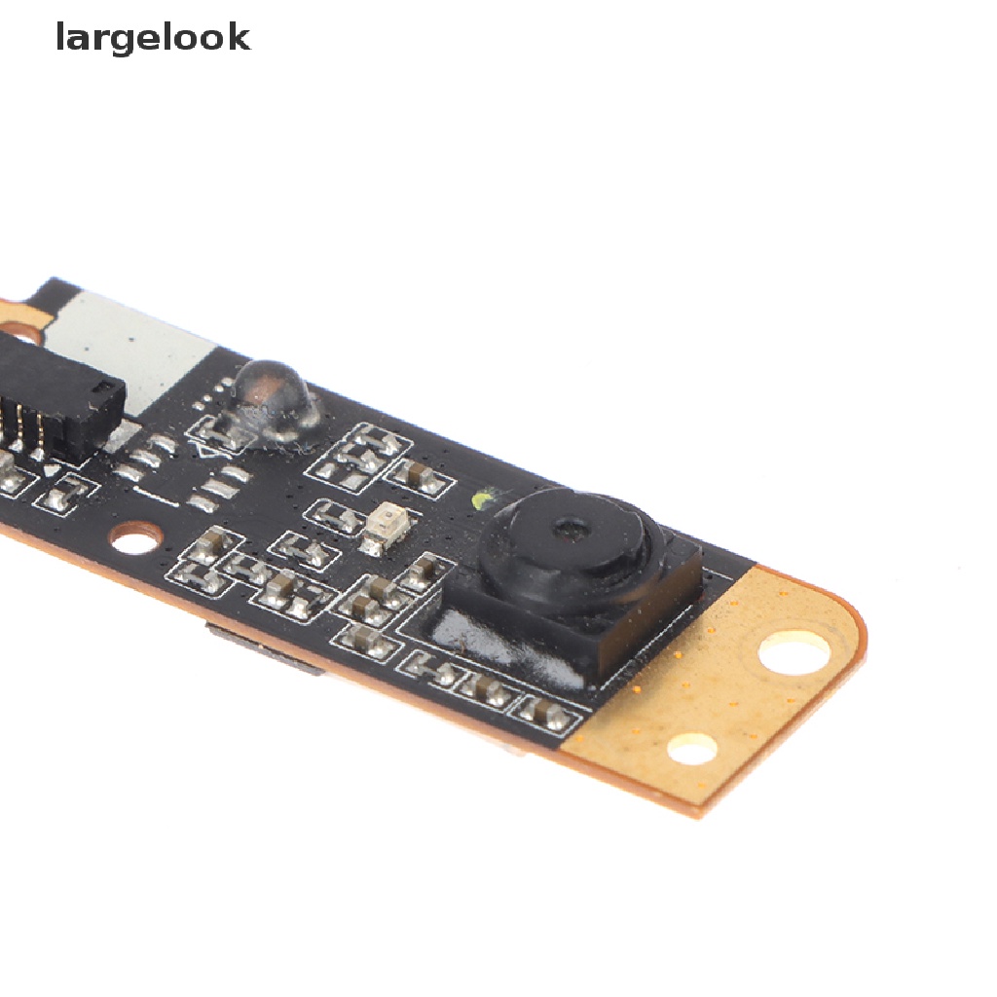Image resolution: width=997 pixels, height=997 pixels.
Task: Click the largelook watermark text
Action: pyautogui.click(x=153, y=38)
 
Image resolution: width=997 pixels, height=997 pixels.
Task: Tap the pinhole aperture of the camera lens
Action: pyautogui.click(x=568, y=530)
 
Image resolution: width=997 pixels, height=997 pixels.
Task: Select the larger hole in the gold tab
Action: pyautogui.click(x=794, y=652)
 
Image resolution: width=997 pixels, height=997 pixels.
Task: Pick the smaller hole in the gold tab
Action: pyautogui.click(x=691, y=748)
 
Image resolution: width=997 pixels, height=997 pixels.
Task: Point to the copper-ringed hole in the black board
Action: pyautogui.click(x=135, y=536)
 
